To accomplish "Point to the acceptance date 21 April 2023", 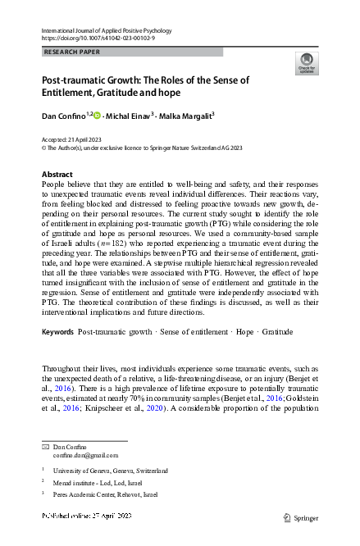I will coord(86,139).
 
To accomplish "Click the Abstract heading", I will coord(57,175).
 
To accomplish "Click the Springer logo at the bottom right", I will coord(300,517).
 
